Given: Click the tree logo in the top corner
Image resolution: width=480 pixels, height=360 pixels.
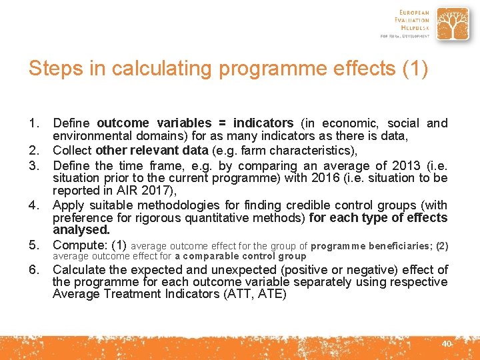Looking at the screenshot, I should tap(451, 25).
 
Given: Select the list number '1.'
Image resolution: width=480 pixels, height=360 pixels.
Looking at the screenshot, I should tap(35, 123).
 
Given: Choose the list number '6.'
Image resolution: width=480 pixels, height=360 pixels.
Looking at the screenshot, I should tap(35, 270).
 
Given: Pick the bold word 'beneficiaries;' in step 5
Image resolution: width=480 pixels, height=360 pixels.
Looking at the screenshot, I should tap(399, 246).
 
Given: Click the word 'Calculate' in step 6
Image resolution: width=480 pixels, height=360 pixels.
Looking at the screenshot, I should tap(79, 270).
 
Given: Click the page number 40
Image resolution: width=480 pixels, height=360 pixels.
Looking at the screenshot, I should tap(447, 343).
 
